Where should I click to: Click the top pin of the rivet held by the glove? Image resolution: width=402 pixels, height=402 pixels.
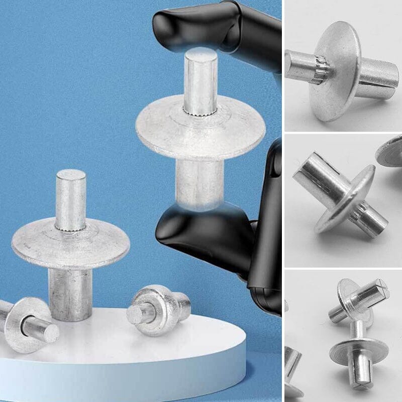pos(200,80)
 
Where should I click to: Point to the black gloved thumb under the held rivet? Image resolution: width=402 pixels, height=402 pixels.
pos(211,231)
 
